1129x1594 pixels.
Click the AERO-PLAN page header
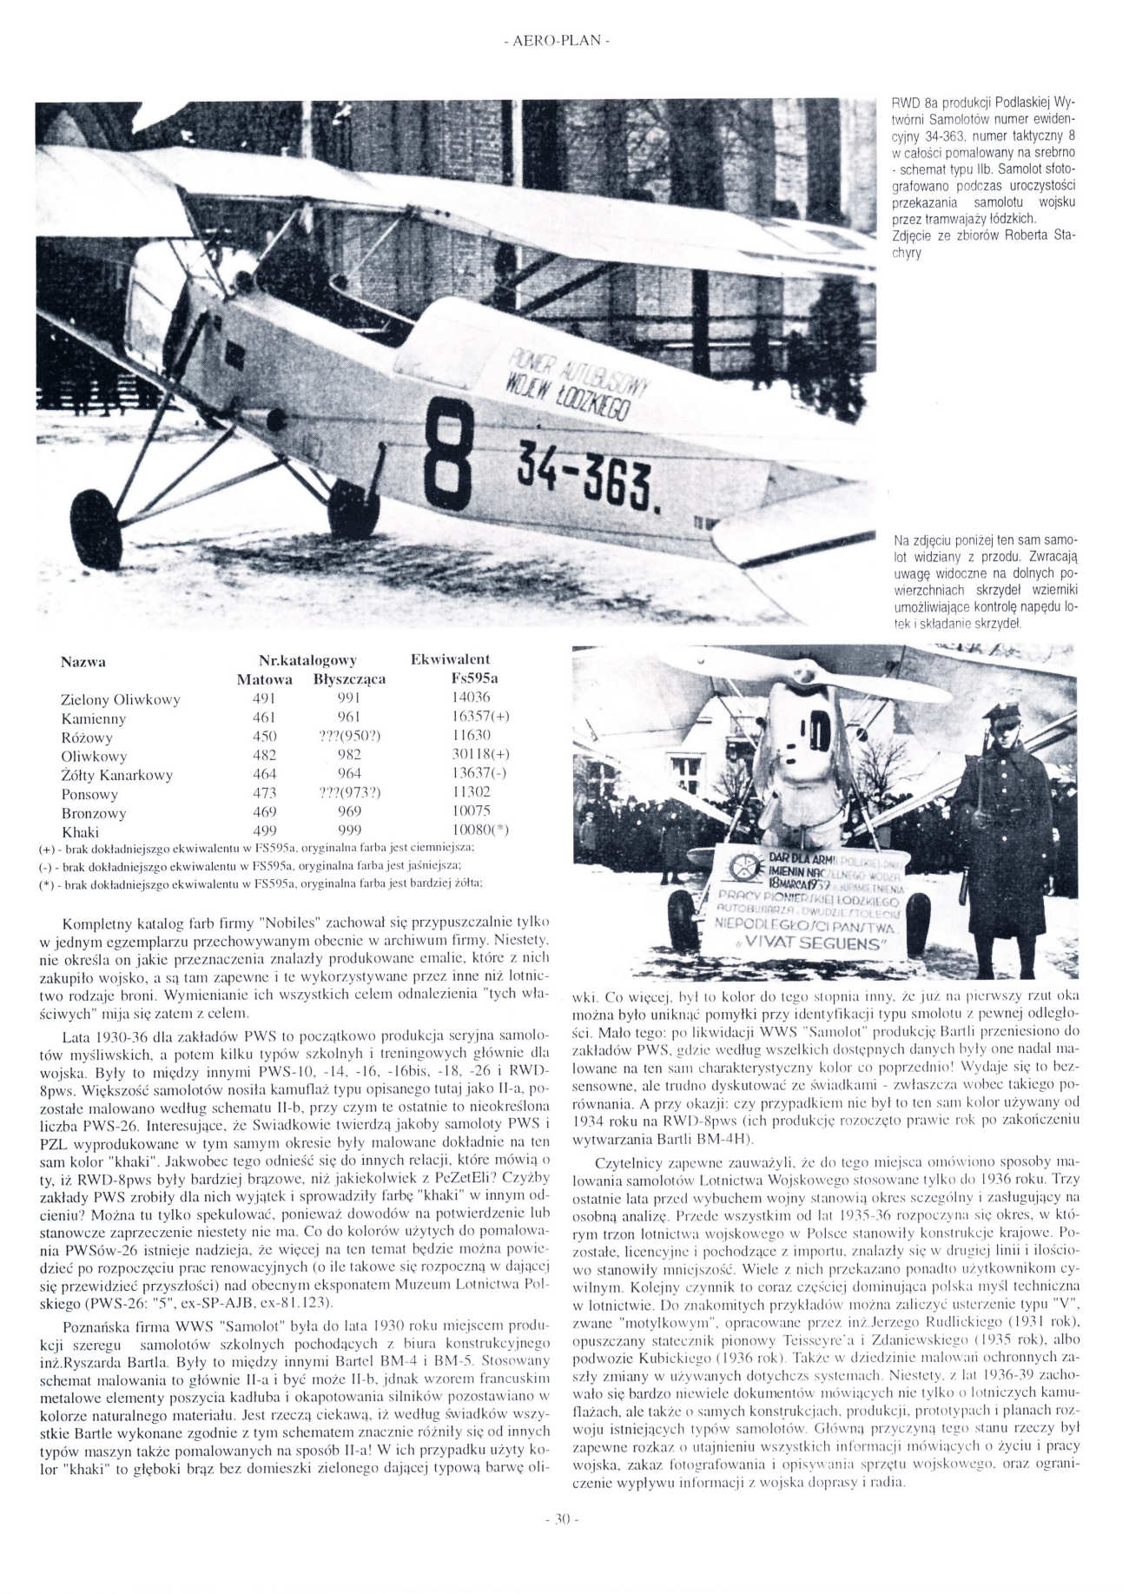click(556, 42)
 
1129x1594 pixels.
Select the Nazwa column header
click(83, 662)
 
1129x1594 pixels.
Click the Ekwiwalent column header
click(450, 659)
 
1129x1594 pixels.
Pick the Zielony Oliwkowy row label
click(120, 699)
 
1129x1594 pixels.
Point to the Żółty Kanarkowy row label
click(116, 775)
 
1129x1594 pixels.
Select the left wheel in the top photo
click(96, 531)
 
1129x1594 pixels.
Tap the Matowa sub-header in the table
click(264, 679)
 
